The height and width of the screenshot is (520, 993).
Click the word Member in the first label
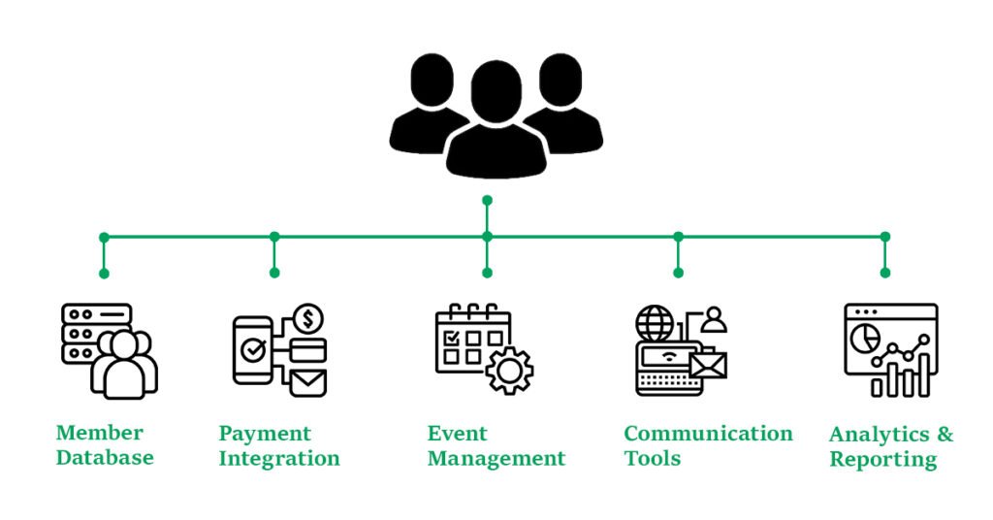(99, 433)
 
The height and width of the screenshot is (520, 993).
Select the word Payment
(265, 433)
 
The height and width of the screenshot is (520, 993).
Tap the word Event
(457, 433)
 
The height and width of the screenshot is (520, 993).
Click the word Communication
(708, 433)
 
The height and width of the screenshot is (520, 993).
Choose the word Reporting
(882, 459)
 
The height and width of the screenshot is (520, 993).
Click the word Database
(105, 457)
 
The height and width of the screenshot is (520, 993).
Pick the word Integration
(279, 458)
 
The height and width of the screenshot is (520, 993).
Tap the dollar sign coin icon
(308, 317)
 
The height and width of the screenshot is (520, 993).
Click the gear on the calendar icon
(509, 370)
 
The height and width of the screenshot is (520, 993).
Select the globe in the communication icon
(654, 322)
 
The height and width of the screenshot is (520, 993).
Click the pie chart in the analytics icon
(865, 339)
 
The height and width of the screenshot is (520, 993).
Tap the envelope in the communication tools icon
(707, 364)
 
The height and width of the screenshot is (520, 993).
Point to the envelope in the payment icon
(308, 382)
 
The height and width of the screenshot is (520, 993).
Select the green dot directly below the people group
(487, 200)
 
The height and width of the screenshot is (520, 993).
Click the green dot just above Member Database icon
(104, 274)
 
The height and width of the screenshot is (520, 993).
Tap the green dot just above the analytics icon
(884, 274)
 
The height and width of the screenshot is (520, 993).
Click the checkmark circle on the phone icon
(253, 350)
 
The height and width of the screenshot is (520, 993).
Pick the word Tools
(653, 458)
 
